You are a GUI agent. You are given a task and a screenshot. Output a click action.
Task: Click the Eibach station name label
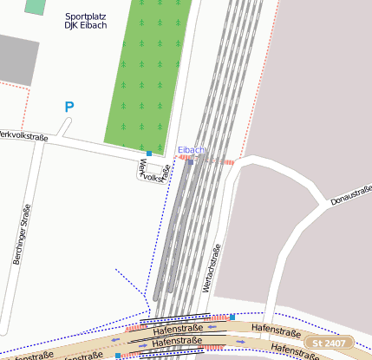pyautogui.click(x=192, y=150)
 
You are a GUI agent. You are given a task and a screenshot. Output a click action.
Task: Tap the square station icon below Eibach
pyautogui.click(x=191, y=161)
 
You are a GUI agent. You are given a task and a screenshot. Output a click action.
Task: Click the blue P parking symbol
pyautogui.click(x=69, y=108)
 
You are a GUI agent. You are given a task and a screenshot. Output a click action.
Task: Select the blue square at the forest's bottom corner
pyautogui.click(x=149, y=154)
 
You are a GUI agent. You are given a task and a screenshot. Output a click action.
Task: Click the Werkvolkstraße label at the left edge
pyautogui.click(x=23, y=135)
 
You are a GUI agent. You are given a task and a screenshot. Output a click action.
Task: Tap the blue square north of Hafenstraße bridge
pyautogui.click(x=232, y=317)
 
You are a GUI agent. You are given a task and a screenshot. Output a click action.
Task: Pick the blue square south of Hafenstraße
pyautogui.click(x=118, y=355)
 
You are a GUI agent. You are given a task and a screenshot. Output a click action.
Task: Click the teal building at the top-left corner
pyautogui.click(x=35, y=6)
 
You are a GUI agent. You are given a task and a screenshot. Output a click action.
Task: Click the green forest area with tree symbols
pyautogui.click(x=143, y=74)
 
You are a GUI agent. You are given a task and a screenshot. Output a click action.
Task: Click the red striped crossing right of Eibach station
pyautogui.click(x=228, y=161)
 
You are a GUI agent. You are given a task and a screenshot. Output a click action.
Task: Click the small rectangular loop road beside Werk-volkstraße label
pyautogui.click(x=139, y=171)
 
